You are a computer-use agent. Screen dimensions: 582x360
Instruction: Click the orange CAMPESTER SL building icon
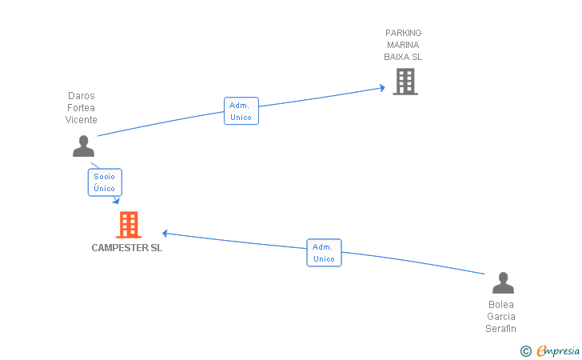[129, 225]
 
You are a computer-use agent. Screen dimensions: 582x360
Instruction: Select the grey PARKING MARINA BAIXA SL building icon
[405, 82]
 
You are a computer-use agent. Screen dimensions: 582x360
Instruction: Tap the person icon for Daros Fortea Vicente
[83, 146]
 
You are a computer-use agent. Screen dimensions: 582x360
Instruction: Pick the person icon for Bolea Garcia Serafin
[503, 282]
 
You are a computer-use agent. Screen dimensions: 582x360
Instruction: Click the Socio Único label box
[105, 182]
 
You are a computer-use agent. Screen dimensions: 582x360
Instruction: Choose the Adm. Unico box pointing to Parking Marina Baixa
[241, 111]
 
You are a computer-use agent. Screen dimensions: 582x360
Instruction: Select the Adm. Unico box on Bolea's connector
[324, 253]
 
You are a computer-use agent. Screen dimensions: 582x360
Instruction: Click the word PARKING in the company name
[404, 33]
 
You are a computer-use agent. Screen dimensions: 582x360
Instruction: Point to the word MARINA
[403, 45]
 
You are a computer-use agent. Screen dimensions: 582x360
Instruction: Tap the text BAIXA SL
[403, 57]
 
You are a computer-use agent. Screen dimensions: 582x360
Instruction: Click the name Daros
[82, 96]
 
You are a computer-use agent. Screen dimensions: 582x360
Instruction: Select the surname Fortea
[81, 108]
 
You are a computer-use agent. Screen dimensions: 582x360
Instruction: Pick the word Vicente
[82, 120]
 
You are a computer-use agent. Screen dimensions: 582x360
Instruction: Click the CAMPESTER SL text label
[127, 248]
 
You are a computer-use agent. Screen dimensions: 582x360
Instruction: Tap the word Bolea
[501, 305]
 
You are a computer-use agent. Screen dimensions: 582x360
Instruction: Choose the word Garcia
[501, 317]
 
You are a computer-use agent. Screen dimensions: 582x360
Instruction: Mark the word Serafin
[500, 329]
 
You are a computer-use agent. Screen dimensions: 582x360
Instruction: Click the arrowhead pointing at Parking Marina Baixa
[382, 88]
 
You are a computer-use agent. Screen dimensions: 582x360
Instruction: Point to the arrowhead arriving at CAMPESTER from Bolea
[165, 234]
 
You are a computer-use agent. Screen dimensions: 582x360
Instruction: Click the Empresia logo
[550, 350]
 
